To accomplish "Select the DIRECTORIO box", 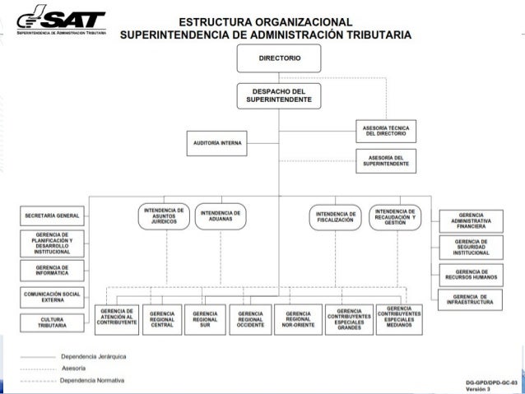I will coord(279,59).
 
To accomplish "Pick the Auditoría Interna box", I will coord(217,142).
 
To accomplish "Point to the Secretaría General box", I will coord(51,216).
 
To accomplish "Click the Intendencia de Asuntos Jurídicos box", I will coord(164,216).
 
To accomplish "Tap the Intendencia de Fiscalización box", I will coord(335,217).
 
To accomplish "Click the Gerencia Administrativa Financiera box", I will coord(471,220).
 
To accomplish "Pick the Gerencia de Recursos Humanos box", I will coord(471,274).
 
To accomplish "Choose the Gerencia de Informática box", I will coord(51,271).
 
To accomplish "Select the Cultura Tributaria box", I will coord(51,322).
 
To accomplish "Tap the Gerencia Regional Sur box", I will coord(205,318).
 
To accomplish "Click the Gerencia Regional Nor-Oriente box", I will coord(298,318).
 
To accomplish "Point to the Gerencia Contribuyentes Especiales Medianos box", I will coord(399,318).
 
